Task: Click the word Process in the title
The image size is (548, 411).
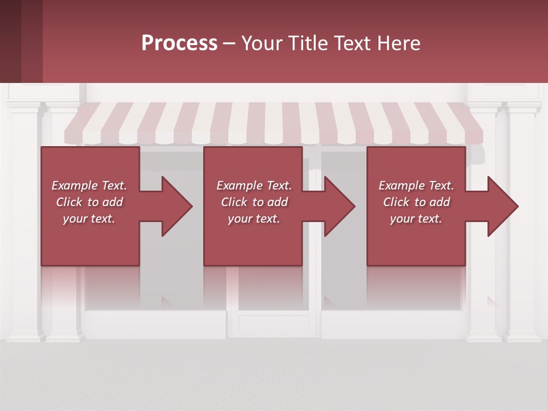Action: pos(179,43)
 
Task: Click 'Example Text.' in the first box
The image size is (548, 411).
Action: pos(89,186)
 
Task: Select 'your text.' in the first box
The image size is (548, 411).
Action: pos(89,219)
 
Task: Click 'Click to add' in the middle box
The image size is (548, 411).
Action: pos(254,202)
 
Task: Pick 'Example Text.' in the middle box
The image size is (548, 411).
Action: pos(254,186)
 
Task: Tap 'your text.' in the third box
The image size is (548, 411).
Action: pos(416,219)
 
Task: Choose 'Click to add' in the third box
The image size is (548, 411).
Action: pos(416,202)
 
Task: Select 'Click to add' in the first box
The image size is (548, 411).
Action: pos(89,202)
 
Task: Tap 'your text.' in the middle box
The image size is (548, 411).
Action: pos(254,219)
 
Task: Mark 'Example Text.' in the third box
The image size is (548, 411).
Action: pos(416,186)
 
